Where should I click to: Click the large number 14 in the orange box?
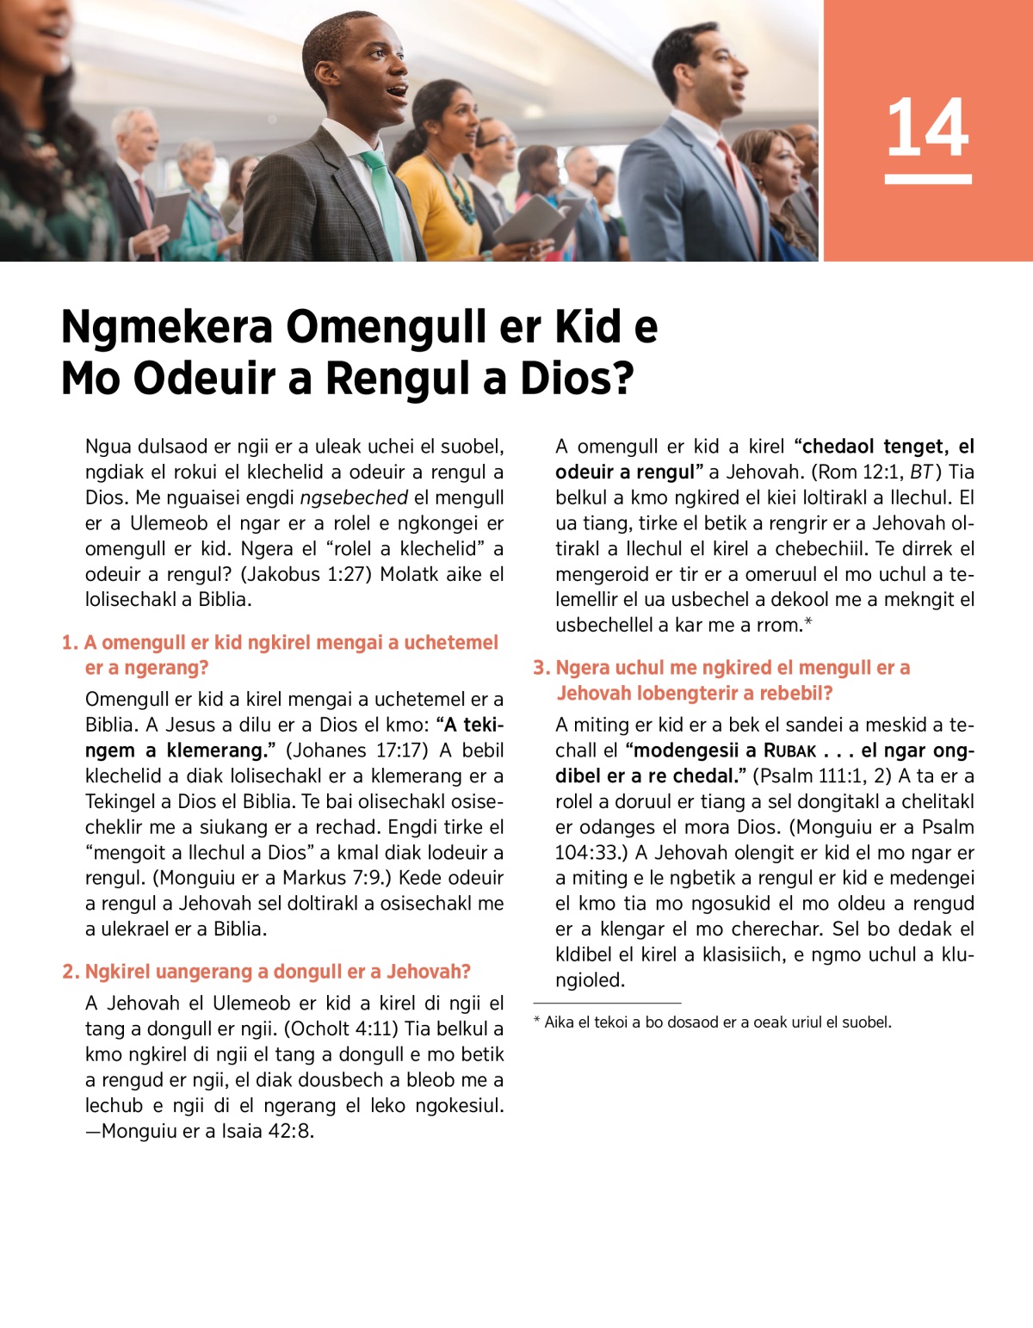pyautogui.click(x=927, y=127)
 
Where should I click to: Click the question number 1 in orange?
pyautogui.click(x=69, y=643)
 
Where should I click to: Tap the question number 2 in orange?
pyautogui.click(x=70, y=972)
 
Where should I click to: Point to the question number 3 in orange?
pyautogui.click(x=541, y=668)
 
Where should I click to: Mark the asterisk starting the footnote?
pyautogui.click(x=537, y=1022)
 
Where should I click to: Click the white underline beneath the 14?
pyautogui.click(x=927, y=179)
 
